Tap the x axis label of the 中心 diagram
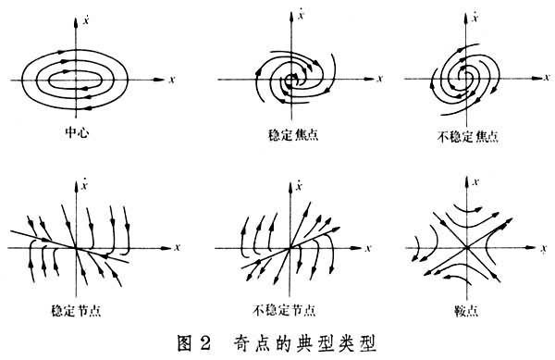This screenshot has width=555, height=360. pyautogui.click(x=173, y=81)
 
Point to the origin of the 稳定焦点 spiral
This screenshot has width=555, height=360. pyautogui.click(x=293, y=81)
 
